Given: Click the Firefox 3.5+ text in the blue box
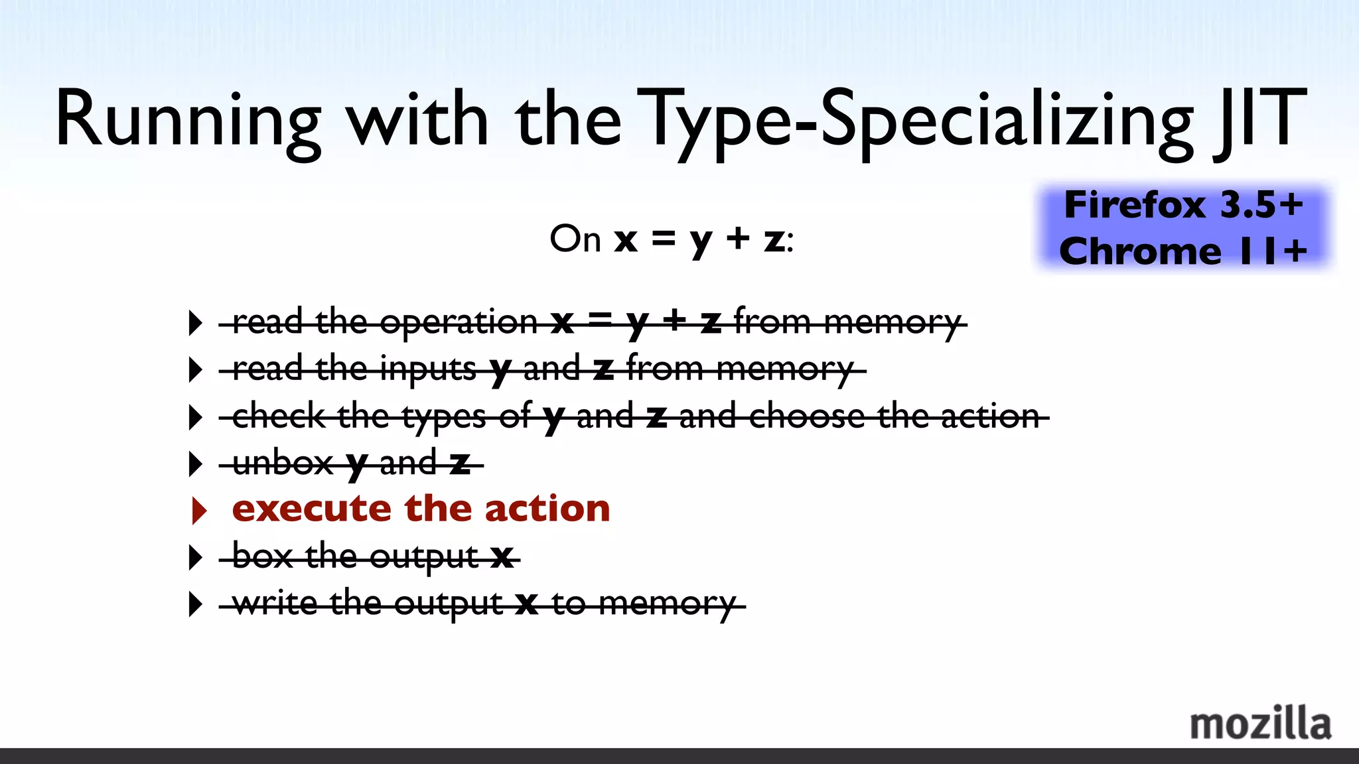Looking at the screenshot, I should click(x=1183, y=205).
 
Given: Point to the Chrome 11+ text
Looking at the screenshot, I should click(x=1183, y=251).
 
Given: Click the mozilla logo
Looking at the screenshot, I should click(x=1260, y=724).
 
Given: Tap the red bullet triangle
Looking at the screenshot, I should click(x=198, y=510).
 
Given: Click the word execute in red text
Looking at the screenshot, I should click(x=311, y=509).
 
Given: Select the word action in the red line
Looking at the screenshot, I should click(x=547, y=509).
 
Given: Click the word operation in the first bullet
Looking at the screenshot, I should click(x=458, y=323).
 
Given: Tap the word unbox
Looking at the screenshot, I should click(x=283, y=463).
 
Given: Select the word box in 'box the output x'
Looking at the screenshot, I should click(x=262, y=556).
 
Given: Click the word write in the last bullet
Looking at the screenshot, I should click(x=275, y=604).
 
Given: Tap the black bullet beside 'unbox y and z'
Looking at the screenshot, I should click(x=195, y=464).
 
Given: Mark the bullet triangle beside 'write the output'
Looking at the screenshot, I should click(x=195, y=604).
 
